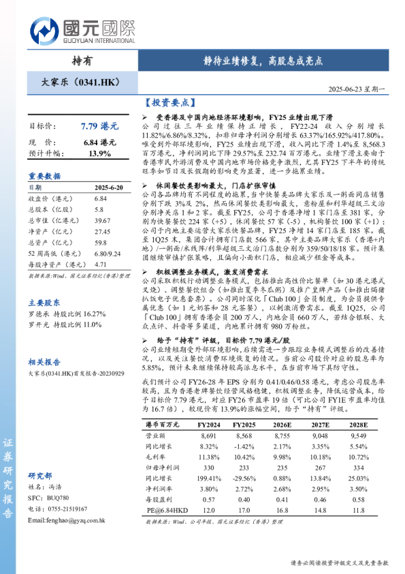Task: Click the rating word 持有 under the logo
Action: click(82, 61)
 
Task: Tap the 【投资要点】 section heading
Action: click(167, 103)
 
